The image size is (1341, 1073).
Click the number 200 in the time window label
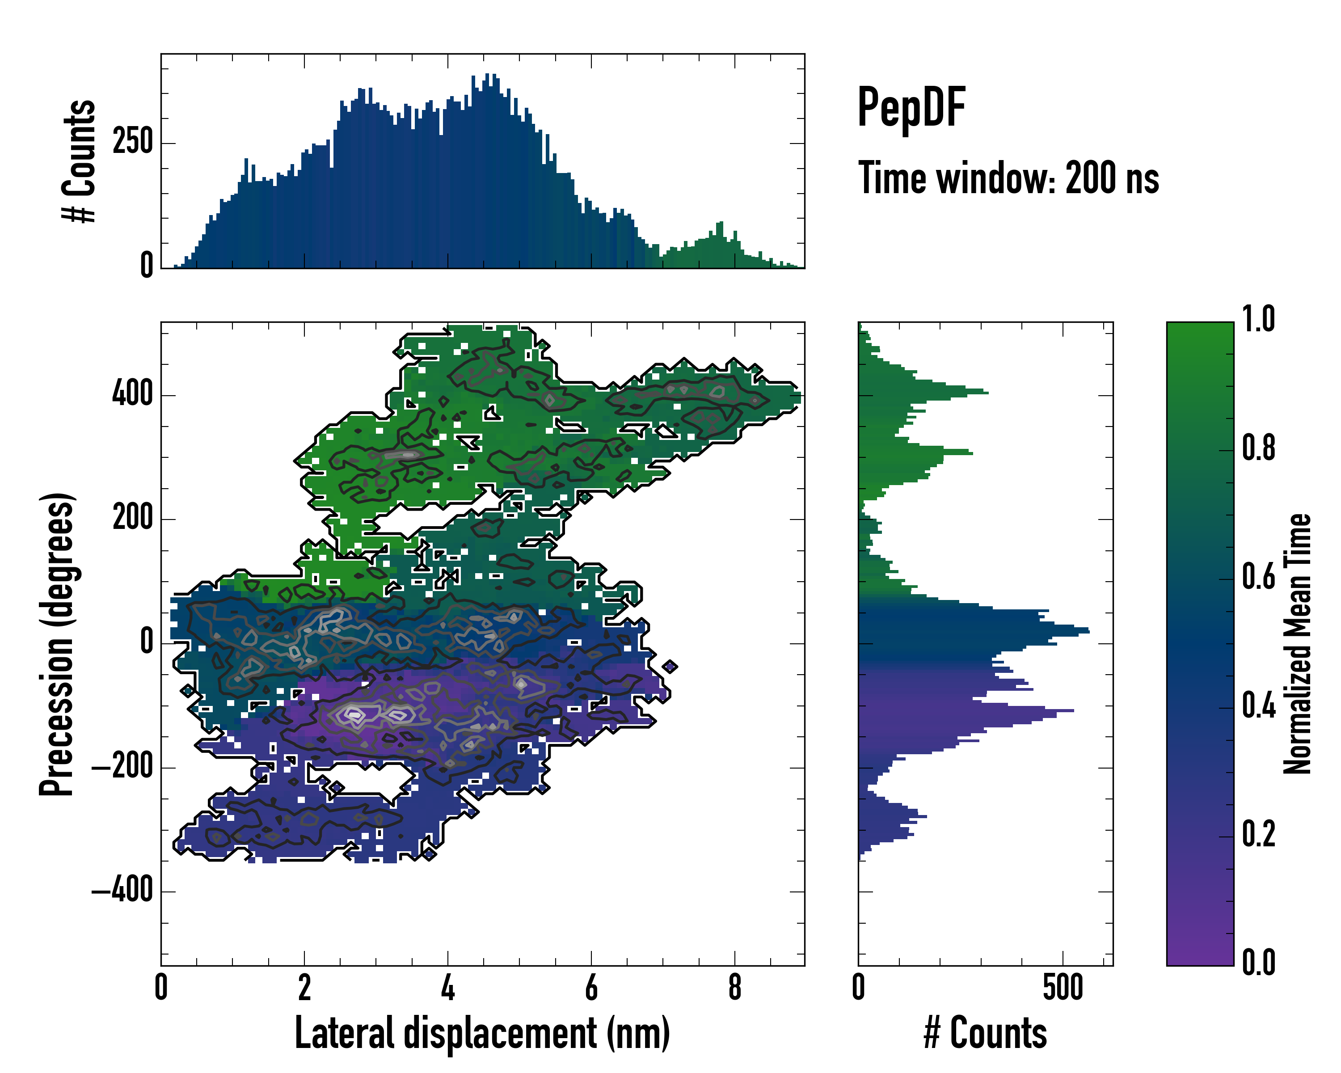click(1090, 178)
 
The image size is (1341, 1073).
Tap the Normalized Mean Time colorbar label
click(1298, 644)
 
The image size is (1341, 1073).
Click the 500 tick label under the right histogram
click(1063, 989)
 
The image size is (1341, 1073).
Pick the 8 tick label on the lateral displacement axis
click(734, 989)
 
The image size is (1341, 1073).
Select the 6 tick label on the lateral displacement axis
click(591, 989)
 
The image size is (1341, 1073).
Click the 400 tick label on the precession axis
click(132, 394)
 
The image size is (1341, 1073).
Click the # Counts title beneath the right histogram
click(985, 1034)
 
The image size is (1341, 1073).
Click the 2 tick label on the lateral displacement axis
click(304, 989)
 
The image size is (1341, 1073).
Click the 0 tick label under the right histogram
click(858, 989)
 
